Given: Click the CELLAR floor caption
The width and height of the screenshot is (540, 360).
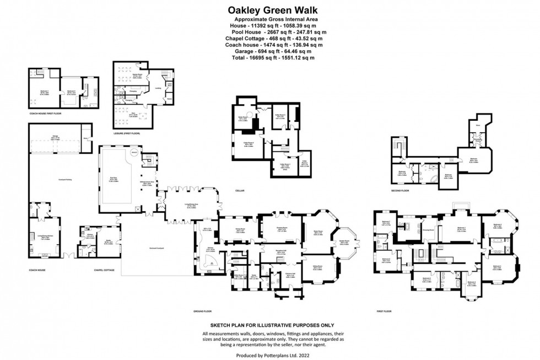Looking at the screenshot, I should coord(239,191).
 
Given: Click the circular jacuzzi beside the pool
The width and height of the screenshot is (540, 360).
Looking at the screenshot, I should coord(134,153).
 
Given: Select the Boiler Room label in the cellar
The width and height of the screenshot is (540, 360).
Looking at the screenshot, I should coord(242,117).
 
